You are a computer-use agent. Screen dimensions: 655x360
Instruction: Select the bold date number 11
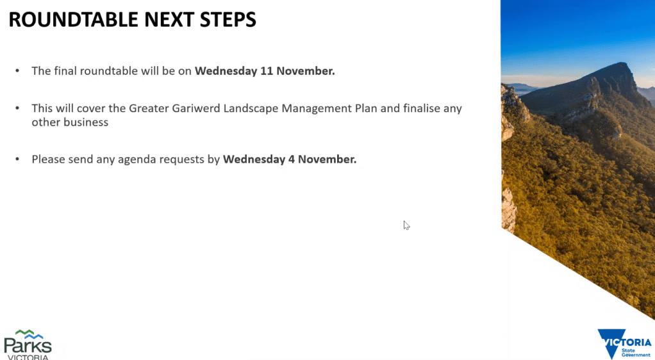[x=267, y=71]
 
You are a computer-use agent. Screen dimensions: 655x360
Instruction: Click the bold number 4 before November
[x=291, y=159]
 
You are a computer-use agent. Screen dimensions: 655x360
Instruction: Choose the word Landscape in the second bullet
[x=251, y=110]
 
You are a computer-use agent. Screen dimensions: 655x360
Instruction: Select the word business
[x=89, y=122]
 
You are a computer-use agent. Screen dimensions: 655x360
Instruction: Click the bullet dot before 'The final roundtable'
[x=17, y=71]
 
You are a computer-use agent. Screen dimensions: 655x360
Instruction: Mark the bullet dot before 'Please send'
[x=17, y=159]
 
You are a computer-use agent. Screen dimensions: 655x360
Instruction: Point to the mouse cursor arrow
[x=406, y=225]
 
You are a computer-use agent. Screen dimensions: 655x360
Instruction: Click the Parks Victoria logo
[x=28, y=345]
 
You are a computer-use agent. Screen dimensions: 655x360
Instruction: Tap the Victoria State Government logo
[x=624, y=344]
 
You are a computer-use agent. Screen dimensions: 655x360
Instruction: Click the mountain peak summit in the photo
[x=624, y=63]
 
